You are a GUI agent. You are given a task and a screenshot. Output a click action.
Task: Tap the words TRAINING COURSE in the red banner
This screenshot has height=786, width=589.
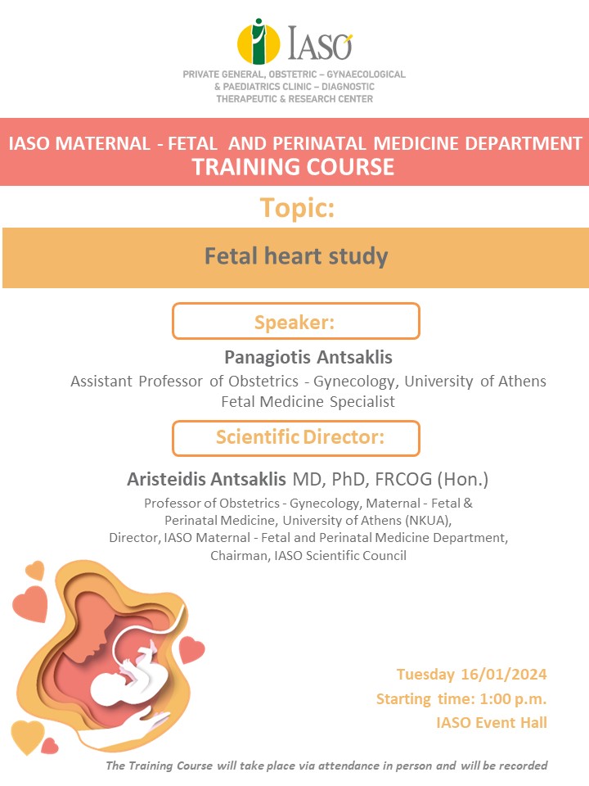click(x=293, y=167)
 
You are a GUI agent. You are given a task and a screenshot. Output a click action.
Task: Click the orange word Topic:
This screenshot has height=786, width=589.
click(x=297, y=207)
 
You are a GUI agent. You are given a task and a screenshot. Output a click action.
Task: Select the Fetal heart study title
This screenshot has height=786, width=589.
click(x=296, y=256)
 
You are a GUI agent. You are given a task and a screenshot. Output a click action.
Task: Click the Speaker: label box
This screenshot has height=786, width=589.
click(x=295, y=321)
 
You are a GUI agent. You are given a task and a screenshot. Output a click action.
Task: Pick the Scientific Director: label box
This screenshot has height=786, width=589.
click(x=295, y=438)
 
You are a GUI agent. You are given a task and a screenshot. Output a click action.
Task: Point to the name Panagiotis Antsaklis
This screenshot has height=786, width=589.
click(x=308, y=358)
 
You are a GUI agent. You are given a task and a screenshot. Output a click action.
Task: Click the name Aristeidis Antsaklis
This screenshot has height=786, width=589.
click(x=206, y=479)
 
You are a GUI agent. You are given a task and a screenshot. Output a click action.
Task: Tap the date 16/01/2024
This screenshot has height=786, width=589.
click(x=503, y=674)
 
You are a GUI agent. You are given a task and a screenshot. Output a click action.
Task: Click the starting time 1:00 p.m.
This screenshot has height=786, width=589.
click(x=513, y=698)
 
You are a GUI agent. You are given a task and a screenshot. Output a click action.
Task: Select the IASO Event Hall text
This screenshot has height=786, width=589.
click(x=492, y=723)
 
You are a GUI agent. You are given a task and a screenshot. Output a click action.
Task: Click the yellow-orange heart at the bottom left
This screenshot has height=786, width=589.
click(x=28, y=736)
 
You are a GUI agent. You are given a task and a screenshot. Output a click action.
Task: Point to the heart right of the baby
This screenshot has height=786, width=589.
click(x=191, y=649)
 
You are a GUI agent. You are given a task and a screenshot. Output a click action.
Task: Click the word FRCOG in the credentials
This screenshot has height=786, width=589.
click(x=403, y=479)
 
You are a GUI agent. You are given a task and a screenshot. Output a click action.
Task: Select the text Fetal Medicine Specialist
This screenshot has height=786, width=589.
click(x=308, y=401)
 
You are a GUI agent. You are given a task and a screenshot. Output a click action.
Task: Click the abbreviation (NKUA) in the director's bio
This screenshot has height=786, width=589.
click(x=429, y=521)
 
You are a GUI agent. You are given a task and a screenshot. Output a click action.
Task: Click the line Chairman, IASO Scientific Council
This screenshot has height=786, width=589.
click(x=308, y=555)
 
